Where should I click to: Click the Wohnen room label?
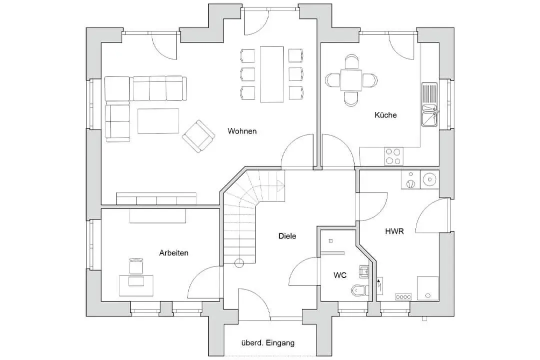pos(242,131)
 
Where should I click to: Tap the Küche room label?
pos(385,115)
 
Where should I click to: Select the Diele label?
pos(287,236)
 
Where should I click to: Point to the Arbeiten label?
pos(174,253)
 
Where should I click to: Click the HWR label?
pos(394,231)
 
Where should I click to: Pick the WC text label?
pos(340,275)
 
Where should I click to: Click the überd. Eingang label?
pos(268,343)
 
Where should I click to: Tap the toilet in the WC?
pos(360,290)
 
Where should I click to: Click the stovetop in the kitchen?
pos(393,156)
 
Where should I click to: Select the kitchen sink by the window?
pos(429,104)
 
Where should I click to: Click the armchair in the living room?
pos(198,136)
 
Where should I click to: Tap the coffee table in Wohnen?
pos(158,121)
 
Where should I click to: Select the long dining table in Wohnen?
pos(271,74)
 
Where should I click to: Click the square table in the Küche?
pos(351,80)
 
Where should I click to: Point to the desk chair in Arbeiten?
pos(136,266)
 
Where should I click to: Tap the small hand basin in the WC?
pos(364,272)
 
